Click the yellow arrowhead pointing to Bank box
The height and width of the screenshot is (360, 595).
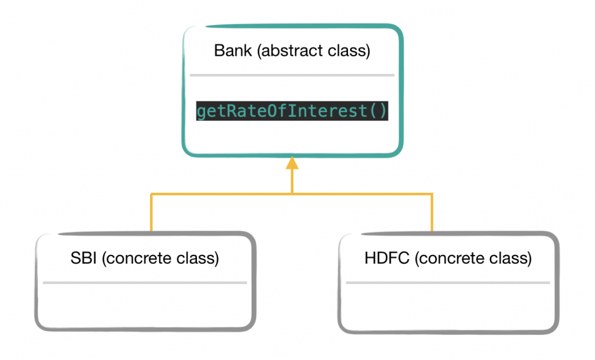[292, 163]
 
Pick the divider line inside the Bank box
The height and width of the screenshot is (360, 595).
[292, 75]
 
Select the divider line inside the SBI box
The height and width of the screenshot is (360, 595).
[145, 283]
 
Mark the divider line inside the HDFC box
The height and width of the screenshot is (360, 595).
[447, 283]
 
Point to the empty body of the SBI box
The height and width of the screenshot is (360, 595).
[145, 306]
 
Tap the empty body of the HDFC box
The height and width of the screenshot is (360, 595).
[447, 306]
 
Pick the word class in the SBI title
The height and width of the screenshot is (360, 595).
[197, 258]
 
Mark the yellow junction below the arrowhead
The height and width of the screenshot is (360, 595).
[292, 193]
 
